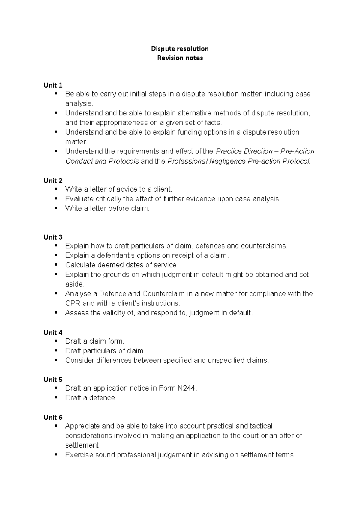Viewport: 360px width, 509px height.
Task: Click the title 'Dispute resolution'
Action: [x=180, y=49]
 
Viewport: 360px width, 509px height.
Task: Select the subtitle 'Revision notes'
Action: [x=180, y=58]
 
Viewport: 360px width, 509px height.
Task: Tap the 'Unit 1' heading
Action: [x=53, y=85]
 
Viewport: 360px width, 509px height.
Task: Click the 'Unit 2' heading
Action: [x=53, y=180]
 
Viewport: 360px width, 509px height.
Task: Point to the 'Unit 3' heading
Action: [x=53, y=237]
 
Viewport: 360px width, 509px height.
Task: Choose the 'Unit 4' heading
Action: [x=53, y=332]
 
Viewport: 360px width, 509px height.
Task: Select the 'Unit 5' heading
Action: [x=53, y=380]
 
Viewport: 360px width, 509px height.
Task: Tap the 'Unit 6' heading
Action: [x=53, y=417]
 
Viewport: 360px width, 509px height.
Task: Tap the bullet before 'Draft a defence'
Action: [x=56, y=397]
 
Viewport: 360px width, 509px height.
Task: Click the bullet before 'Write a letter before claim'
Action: [x=56, y=208]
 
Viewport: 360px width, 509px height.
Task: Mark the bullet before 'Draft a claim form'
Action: [x=56, y=341]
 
